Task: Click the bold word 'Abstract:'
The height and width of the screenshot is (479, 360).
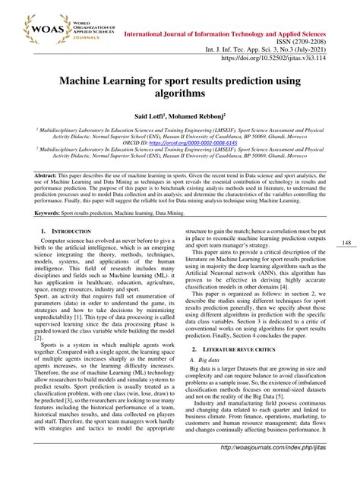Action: click(x=38, y=195)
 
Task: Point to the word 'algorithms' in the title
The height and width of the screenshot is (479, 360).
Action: click(x=179, y=96)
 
